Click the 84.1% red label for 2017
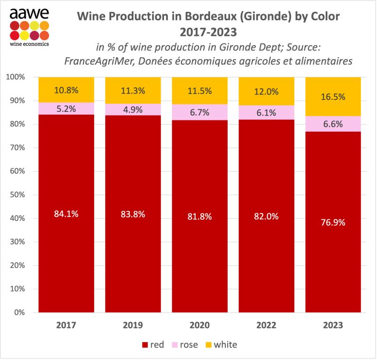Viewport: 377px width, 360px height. tap(66, 214)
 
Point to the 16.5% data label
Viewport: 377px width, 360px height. tap(334, 97)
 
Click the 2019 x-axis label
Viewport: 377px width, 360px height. tap(133, 325)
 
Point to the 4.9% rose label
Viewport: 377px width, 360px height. tap(133, 109)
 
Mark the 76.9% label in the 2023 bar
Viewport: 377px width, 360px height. tap(334, 222)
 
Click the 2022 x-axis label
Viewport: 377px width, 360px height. tap(267, 325)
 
